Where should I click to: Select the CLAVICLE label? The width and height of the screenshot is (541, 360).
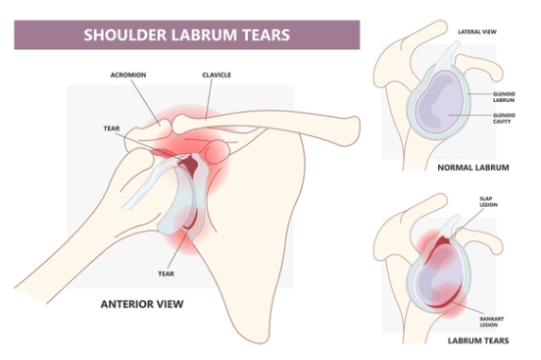click(216, 74)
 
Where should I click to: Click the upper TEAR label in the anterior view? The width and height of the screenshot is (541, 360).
click(111, 129)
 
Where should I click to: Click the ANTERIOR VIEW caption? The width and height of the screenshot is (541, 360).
click(141, 304)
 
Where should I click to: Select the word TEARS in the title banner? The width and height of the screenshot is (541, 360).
click(261, 35)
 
